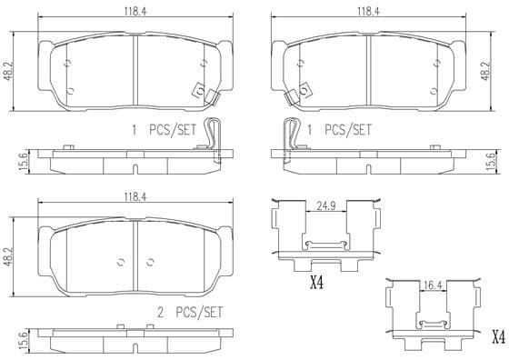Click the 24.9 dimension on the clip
tap(326, 206)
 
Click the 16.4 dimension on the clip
tap(433, 285)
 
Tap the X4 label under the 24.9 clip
tap(316, 284)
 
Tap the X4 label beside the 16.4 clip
tap(499, 337)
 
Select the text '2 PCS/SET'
tap(190, 313)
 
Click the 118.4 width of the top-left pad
tap(135, 12)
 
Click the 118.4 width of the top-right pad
tap(368, 12)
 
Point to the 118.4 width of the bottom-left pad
tap(135, 197)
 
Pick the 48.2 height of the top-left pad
tap(8, 71)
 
